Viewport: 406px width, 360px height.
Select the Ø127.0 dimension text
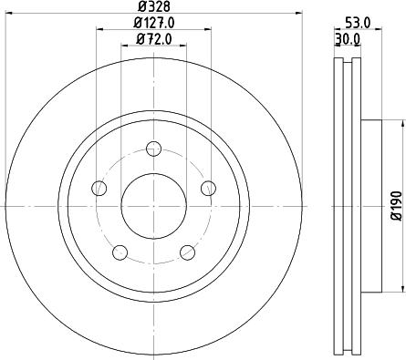154,23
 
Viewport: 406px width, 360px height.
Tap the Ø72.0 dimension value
154,38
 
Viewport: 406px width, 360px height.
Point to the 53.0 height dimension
358,23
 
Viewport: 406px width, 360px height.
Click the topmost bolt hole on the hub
153,147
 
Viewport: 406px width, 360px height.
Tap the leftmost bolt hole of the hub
99,188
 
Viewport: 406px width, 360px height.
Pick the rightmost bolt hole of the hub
209,188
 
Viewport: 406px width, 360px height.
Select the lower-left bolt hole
120,252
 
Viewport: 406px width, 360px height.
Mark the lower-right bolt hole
187,252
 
